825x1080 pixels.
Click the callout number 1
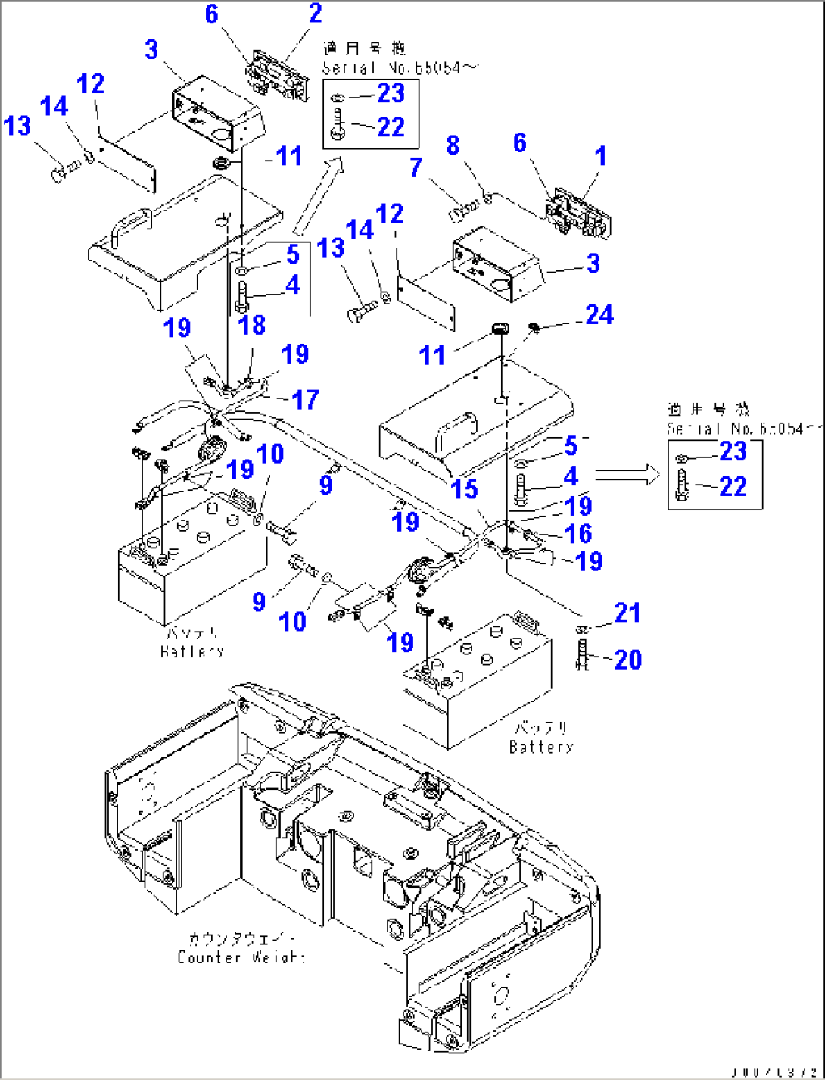tap(600, 156)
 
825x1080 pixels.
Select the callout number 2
tap(315, 13)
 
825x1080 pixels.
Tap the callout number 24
tap(599, 315)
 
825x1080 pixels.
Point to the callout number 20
tap(627, 660)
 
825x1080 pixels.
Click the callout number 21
tap(627, 613)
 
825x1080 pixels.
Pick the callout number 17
tap(305, 399)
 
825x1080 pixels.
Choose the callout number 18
tap(252, 325)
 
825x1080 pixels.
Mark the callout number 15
tap(464, 489)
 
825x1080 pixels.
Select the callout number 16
tap(578, 533)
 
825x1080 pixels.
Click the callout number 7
tap(416, 167)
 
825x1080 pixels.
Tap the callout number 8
tap(453, 145)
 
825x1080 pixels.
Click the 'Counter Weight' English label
tap(241, 957)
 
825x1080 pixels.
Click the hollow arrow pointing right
tap(627, 475)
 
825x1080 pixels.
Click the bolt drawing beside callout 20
tap(582, 654)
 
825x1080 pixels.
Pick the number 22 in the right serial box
tap(733, 486)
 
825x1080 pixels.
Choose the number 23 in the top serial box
tap(391, 93)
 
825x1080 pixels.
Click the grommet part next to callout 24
tap(534, 327)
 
